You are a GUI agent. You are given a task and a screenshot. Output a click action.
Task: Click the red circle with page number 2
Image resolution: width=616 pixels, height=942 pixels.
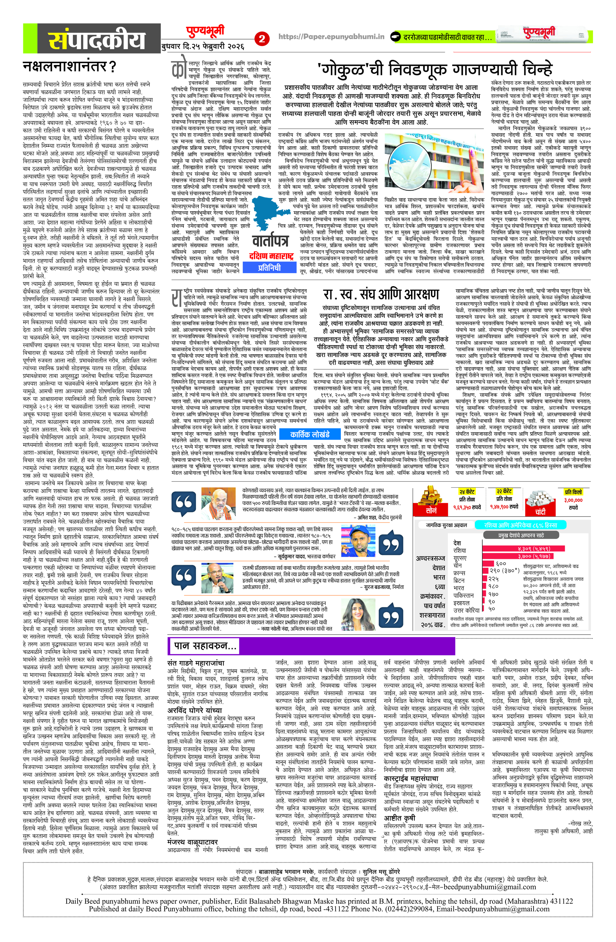262,39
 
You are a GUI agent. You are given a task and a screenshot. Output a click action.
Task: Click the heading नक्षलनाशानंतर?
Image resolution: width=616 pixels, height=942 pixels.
70,66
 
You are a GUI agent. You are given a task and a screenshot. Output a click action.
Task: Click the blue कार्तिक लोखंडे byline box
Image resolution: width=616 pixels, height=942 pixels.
310,434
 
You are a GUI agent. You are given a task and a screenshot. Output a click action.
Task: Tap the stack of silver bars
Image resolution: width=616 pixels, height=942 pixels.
539,497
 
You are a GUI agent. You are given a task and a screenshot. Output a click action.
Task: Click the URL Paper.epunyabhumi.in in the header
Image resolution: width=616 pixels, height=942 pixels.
331,37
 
